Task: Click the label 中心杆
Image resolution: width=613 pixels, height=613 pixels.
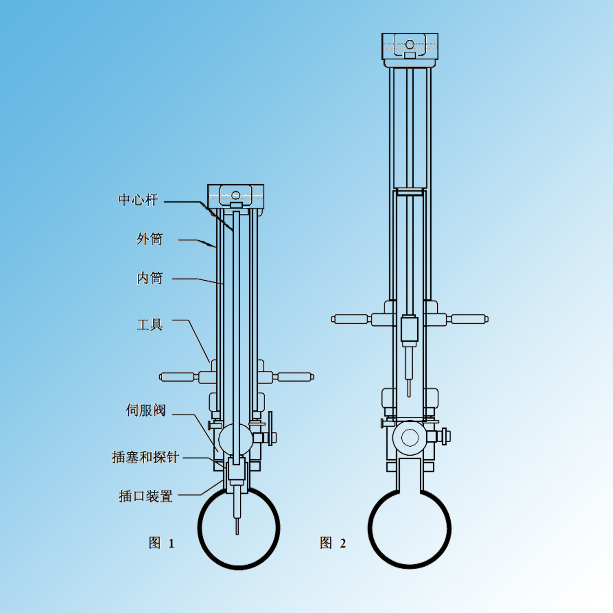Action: point(138,200)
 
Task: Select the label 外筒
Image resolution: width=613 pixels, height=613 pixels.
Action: point(149,239)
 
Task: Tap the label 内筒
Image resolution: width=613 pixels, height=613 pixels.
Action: point(150,278)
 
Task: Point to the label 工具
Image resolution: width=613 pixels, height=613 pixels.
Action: point(150,325)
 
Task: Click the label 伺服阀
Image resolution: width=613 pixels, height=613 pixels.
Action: point(145,410)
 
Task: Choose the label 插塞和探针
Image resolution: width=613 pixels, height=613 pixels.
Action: point(145,457)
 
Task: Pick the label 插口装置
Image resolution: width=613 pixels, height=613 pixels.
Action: point(145,496)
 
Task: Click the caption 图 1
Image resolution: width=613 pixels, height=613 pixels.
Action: point(161,543)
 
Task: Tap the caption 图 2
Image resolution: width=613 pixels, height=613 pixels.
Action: point(333,543)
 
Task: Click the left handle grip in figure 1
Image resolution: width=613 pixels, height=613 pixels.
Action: point(177,377)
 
